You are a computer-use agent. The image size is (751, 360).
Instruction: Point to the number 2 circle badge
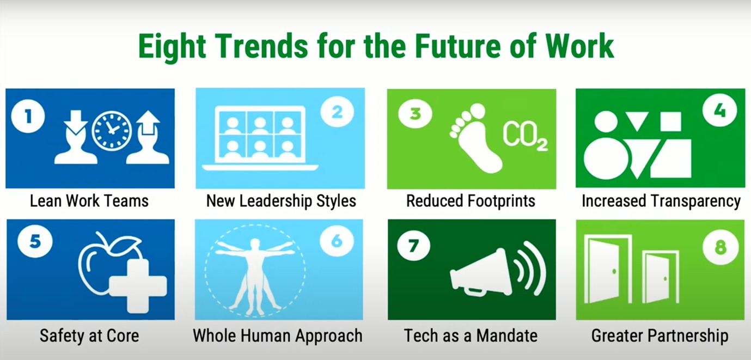coord(337,113)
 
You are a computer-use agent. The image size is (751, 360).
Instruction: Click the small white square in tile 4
coord(670,121)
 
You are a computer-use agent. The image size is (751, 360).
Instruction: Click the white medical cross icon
coord(138,285)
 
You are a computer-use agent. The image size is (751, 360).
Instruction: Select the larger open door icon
coord(608,269)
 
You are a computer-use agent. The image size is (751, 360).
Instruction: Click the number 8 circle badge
coord(720,248)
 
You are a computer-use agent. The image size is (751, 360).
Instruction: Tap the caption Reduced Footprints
coord(471,201)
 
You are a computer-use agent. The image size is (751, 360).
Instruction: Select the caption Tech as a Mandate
coord(471,335)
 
